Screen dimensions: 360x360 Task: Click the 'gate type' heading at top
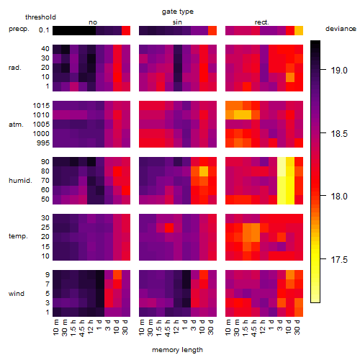coord(178,12)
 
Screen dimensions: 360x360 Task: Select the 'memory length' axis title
coord(177,350)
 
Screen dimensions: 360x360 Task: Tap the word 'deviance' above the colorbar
coord(341,29)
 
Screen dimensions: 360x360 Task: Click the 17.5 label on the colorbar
coord(339,260)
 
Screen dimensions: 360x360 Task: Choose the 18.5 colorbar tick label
coord(339,134)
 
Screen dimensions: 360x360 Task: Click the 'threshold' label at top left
coord(40,17)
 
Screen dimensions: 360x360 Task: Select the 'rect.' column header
coord(262,22)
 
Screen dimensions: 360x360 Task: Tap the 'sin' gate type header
coord(177,22)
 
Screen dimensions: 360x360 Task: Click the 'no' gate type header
coord(93,22)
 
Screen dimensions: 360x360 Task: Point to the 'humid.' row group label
coord(20,181)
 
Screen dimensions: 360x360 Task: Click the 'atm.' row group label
coord(16,125)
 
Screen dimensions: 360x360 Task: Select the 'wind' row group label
coord(17,294)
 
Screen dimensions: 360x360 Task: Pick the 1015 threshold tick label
coord(41,106)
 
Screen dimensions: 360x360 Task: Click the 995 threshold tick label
coord(43,143)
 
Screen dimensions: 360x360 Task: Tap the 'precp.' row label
coord(19,29)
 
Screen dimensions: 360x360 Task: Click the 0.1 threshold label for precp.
coord(44,30)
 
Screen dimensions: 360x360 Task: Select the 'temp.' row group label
coord(18,236)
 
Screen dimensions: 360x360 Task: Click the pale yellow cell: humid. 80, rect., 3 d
coord(282,171)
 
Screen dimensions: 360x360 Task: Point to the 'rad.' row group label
coord(15,68)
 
